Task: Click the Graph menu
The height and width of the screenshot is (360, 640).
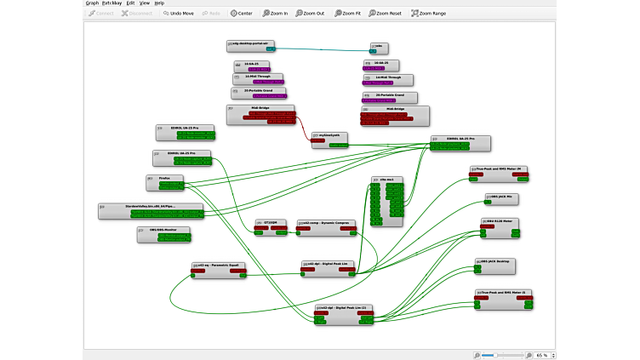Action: click(92, 3)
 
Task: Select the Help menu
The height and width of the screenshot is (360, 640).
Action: click(159, 3)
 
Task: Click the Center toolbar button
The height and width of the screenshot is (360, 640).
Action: click(241, 14)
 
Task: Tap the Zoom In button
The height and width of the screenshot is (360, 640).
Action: click(275, 14)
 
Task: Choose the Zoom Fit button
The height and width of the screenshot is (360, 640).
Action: click(349, 14)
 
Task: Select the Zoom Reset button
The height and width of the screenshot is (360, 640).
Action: click(388, 14)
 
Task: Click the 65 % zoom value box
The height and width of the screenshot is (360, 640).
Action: click(541, 354)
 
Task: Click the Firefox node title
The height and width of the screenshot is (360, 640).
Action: click(165, 178)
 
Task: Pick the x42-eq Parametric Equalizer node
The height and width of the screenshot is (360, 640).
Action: click(220, 265)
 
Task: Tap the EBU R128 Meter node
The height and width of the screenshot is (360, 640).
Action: click(499, 220)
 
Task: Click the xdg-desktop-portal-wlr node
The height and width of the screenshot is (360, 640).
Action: click(250, 43)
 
